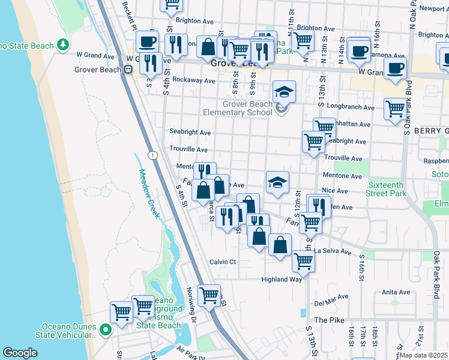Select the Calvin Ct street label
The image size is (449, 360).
[x=223, y=262]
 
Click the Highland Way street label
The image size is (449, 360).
[x=281, y=280]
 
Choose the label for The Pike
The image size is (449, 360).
[x=329, y=320]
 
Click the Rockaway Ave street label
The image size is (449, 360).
[x=193, y=80]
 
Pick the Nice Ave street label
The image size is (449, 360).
[x=334, y=191]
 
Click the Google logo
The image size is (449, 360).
[x=20, y=353]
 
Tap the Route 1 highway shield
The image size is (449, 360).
[x=154, y=155]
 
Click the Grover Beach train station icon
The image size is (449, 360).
[x=128, y=70]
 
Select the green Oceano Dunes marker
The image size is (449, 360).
[x=106, y=330]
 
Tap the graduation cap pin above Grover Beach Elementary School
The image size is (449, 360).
[x=284, y=92]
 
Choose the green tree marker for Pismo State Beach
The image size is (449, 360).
[x=63, y=45]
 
